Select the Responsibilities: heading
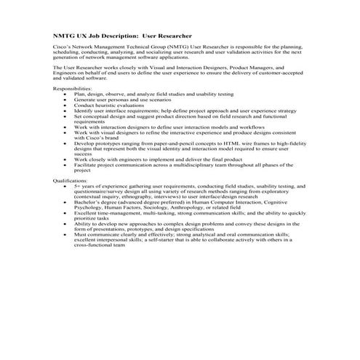[73, 88]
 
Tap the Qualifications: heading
[71, 179]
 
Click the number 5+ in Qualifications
[78, 185]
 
